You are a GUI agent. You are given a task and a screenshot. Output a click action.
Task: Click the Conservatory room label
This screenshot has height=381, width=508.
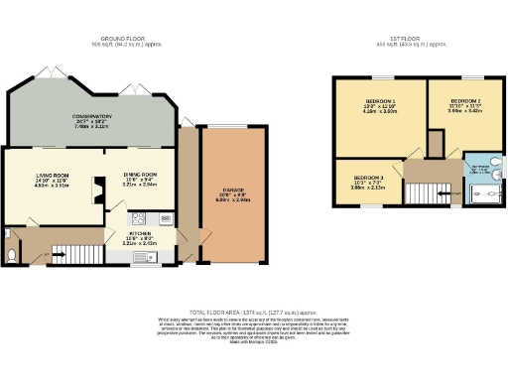(90, 118)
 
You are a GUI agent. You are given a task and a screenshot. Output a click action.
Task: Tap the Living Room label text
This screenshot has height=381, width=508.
(50, 179)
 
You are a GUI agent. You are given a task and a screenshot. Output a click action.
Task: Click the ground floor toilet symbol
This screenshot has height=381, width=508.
(10, 255)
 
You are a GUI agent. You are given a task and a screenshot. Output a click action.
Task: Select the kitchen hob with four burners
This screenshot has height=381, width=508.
(139, 218)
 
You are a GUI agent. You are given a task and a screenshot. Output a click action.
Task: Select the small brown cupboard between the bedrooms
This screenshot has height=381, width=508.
(435, 144)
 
